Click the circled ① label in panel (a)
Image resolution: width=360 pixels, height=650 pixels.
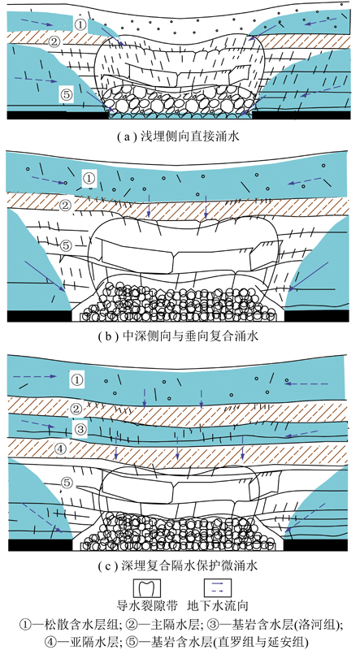pyautogui.click(x=81, y=24)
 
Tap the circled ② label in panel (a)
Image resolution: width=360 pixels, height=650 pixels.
pyautogui.click(x=54, y=41)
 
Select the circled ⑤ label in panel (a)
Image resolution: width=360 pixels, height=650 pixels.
pyautogui.click(x=67, y=95)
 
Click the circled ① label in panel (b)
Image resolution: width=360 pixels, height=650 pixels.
pyautogui.click(x=89, y=177)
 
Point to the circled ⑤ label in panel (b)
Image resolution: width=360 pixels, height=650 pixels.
pyautogui.click(x=67, y=245)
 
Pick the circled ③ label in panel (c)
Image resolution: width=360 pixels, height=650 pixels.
pyautogui.click(x=80, y=429)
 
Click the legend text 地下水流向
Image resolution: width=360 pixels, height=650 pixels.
pyautogui.click(x=218, y=606)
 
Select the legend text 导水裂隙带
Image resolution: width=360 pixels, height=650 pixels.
pyautogui.click(x=147, y=606)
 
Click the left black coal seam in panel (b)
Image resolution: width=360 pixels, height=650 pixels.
pyautogui.click(x=39, y=316)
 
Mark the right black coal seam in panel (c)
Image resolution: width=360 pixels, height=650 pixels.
pyautogui.click(x=315, y=544)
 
